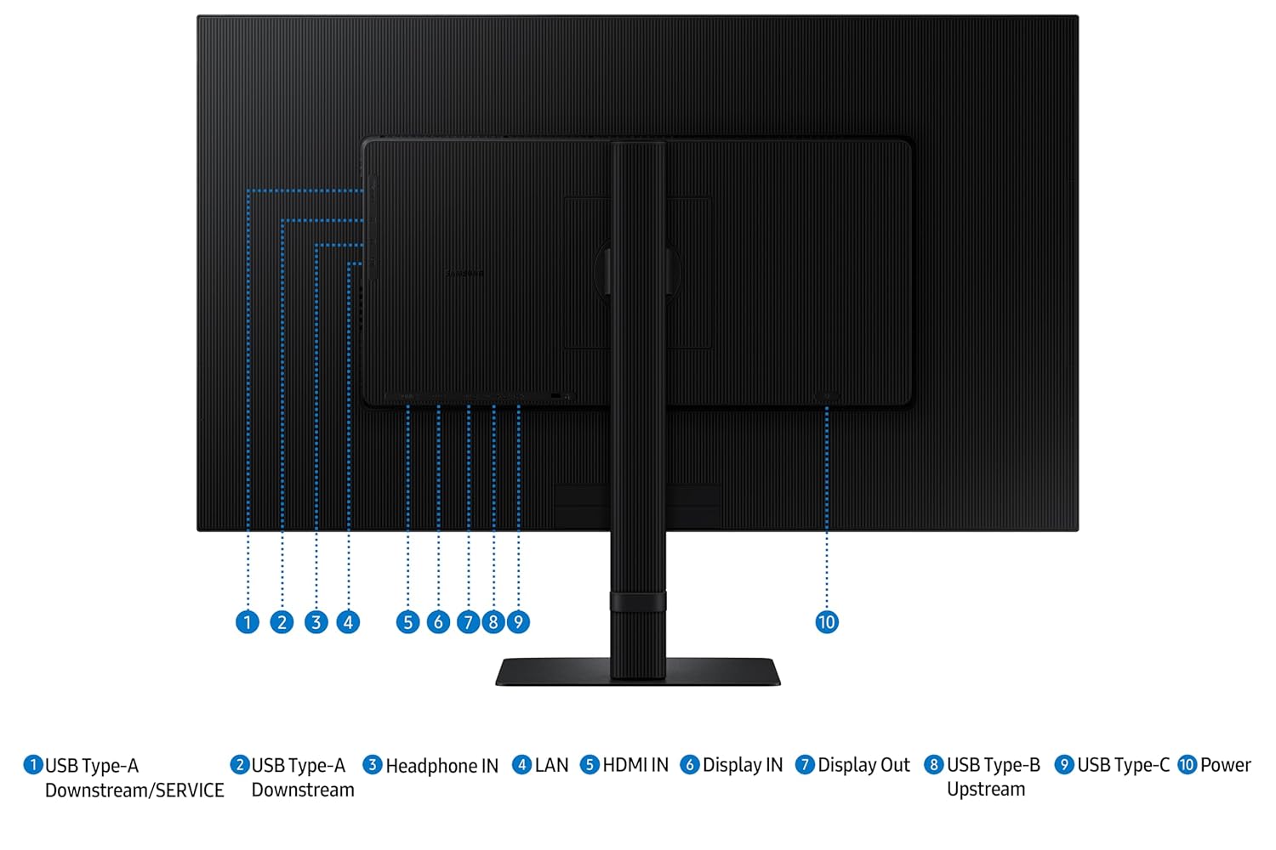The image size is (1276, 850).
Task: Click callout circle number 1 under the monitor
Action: coord(248,621)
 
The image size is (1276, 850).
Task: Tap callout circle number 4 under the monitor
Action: coord(348,621)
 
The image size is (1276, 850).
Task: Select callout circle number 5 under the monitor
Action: coord(407,621)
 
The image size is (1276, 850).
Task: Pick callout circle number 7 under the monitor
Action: coord(468,621)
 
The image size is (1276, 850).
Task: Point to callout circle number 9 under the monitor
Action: coord(518,621)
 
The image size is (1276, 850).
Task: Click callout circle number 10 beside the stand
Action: coord(827,621)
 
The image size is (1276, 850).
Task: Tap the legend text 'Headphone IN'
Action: coord(442,766)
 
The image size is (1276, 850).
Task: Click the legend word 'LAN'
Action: coord(551,765)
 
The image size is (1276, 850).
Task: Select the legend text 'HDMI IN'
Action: coord(635,765)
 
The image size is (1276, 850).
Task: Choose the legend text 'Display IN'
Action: coord(743,766)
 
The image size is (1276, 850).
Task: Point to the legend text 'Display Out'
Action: coord(863,766)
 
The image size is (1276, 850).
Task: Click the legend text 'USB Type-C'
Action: coord(1124,766)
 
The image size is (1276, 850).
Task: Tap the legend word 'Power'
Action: coord(1225,765)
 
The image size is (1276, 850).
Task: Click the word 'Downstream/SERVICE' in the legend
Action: coord(134,790)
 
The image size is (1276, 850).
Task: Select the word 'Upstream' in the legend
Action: coord(985,790)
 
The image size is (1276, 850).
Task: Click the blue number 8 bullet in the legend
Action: coord(934,765)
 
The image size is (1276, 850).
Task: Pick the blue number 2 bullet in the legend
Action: coord(240,765)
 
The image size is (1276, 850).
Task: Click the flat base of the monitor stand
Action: coord(638,671)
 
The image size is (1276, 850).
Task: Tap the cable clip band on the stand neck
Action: coord(638,602)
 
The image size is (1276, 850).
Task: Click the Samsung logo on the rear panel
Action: coord(464,274)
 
